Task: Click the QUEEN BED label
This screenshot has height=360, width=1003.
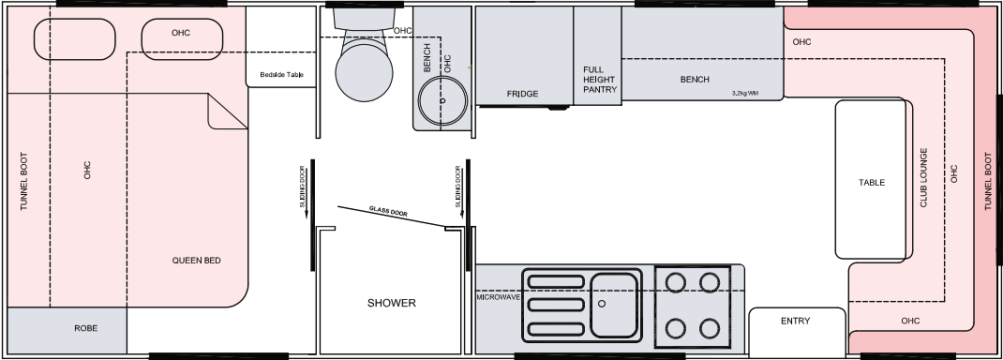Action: coord(196,261)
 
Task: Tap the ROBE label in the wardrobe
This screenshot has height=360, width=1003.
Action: coord(85,328)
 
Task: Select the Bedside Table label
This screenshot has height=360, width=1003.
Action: coord(281,75)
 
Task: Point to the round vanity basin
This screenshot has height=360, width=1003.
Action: coord(442,101)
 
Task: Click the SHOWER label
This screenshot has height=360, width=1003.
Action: coord(392,303)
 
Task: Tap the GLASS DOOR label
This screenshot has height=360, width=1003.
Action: coord(388,212)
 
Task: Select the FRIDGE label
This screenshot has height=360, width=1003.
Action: coord(523,94)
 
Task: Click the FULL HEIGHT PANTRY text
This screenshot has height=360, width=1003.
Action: coord(600,80)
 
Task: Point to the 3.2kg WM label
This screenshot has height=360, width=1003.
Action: coord(745,94)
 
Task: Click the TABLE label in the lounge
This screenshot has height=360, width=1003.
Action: coord(872,183)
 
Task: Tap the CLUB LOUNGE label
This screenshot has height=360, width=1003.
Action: coord(923,178)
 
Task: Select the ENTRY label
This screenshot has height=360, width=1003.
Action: coord(796,321)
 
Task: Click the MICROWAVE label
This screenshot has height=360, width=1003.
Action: coord(498,297)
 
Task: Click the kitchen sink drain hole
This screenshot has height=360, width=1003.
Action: coord(601,304)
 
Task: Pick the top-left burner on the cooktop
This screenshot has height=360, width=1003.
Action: coord(676,282)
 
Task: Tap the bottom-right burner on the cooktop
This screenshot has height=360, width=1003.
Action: coord(710,329)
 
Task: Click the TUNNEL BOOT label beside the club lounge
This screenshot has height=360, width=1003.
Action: coord(988,182)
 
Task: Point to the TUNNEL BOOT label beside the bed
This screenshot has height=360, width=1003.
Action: coord(24,182)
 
